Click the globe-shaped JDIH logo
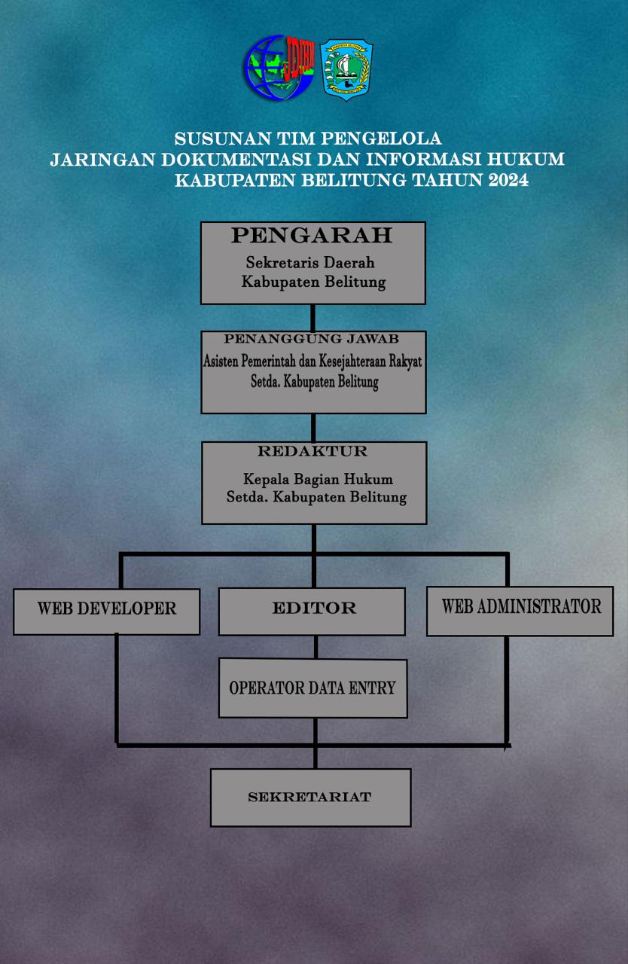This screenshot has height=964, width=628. point(276,69)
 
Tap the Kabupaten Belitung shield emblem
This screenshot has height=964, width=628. point(347,70)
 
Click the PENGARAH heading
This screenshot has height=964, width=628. point(312,236)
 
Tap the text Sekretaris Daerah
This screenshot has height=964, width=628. point(310,263)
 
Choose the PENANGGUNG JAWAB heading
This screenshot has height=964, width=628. point(312,340)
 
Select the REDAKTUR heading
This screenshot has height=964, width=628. point(312,452)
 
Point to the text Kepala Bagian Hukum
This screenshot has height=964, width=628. point(318,479)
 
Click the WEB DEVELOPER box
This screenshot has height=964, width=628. point(107,611)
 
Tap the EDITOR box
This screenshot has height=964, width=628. point(312,611)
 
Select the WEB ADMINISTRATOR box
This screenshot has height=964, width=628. point(520,610)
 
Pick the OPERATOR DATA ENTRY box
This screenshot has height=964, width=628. point(312,688)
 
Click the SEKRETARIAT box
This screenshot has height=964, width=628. point(310,798)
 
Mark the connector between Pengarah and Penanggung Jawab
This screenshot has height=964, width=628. point(312,317)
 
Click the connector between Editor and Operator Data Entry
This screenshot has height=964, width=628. point(315,647)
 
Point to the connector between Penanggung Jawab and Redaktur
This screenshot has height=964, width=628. point(312,427)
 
